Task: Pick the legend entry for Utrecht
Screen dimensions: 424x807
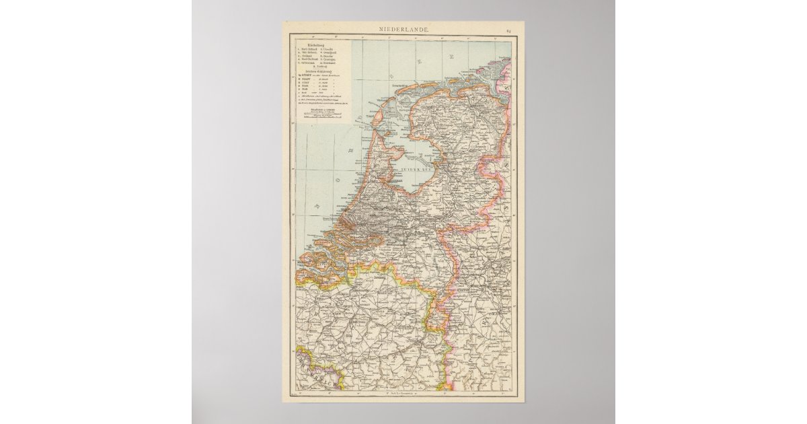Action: [328, 50]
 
